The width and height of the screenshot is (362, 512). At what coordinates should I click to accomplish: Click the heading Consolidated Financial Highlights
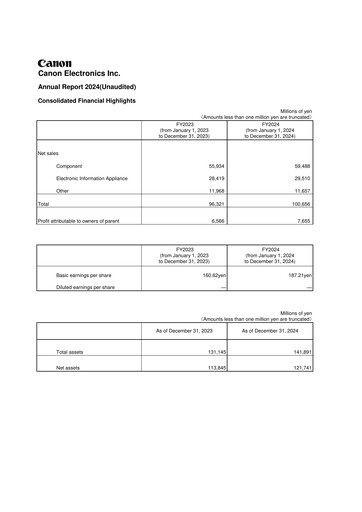pos(92,101)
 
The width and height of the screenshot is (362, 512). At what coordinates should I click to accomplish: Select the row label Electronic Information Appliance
pos(92,178)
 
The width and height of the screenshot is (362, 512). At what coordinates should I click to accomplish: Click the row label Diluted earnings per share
pos(85,287)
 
